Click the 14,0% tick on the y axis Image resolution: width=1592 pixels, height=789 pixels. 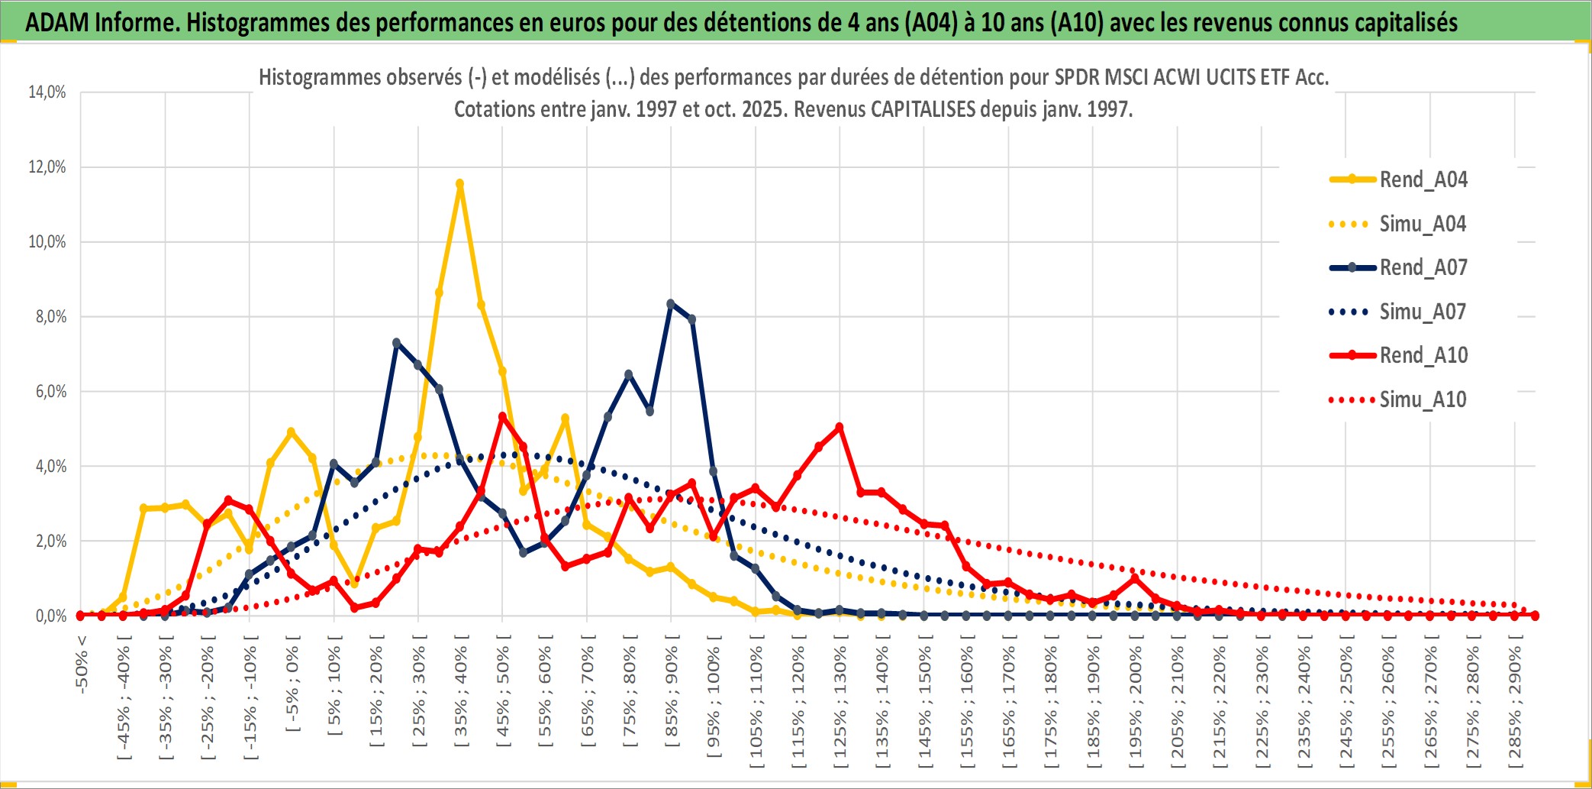47,92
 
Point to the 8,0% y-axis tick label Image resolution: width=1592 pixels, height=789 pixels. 50,317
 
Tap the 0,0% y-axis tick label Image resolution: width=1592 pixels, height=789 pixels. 50,616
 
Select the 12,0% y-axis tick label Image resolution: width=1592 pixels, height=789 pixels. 47,167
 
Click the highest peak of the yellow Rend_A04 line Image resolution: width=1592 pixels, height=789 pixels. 459,184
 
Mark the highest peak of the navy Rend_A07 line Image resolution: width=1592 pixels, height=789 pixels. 671,304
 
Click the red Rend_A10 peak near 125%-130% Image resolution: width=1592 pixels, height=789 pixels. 840,428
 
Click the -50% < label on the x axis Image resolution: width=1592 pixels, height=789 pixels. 82,665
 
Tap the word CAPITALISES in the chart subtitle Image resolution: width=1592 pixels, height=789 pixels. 923,110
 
